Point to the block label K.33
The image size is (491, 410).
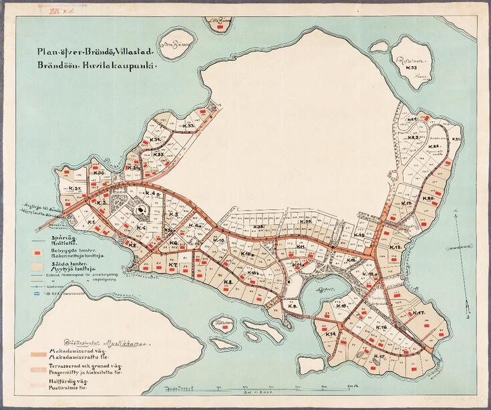pos(189,126)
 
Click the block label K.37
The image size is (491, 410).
pos(74,189)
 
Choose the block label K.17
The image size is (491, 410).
pos(419,314)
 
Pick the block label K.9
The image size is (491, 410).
pos(292,305)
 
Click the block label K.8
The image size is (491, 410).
pos(228,283)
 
